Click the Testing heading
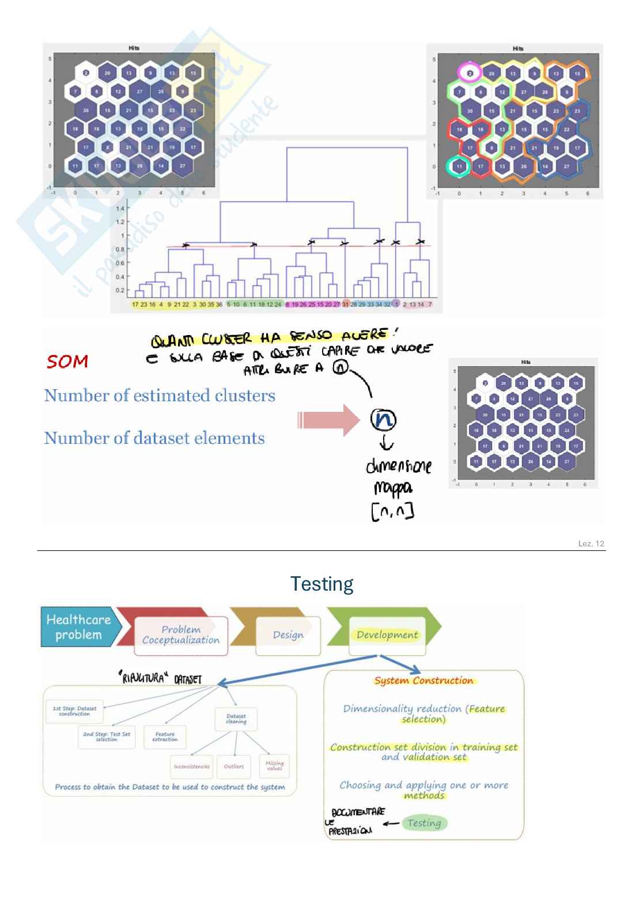click(x=321, y=584)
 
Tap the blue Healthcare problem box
click(x=78, y=627)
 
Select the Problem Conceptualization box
click(x=180, y=635)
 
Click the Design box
click(x=288, y=635)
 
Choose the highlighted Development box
click(x=387, y=635)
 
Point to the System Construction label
click(x=423, y=680)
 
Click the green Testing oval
click(x=424, y=823)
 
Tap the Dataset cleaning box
click(x=236, y=719)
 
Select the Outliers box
click(x=234, y=766)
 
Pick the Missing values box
click(x=274, y=766)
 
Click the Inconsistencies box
click(x=191, y=766)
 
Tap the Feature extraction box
click(x=165, y=737)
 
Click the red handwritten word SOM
click(x=67, y=362)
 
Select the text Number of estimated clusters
click(x=160, y=395)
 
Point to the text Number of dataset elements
click(x=154, y=438)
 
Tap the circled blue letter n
click(x=383, y=420)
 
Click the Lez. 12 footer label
click(x=591, y=543)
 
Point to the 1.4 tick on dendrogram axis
click(x=120, y=208)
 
